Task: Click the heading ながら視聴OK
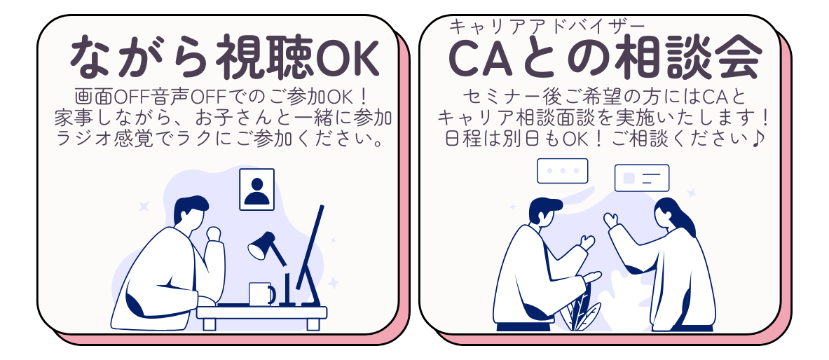[225, 57]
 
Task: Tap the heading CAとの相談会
[605, 57]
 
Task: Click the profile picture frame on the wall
[257, 189]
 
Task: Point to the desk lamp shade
[261, 245]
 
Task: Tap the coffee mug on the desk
[261, 294]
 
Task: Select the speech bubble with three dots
[563, 171]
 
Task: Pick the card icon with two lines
[642, 178]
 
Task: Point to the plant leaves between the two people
[582, 310]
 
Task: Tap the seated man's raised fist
[214, 233]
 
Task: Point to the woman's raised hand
[611, 220]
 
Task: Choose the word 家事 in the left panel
[72, 118]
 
